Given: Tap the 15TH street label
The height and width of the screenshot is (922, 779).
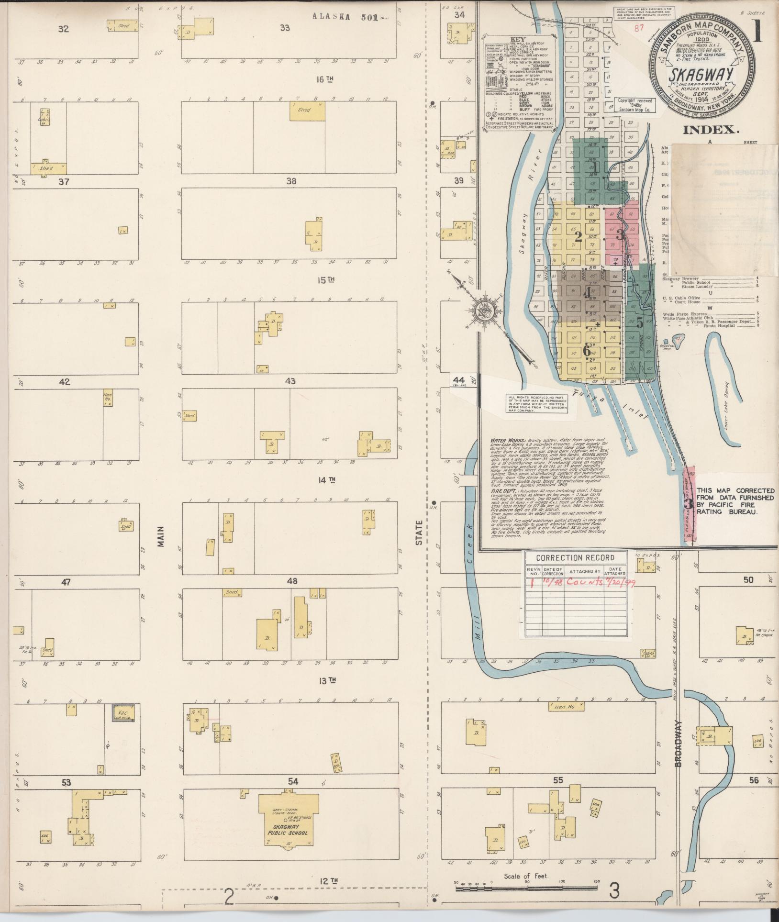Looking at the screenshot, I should click(325, 280).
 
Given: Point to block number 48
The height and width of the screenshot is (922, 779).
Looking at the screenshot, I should click(292, 581).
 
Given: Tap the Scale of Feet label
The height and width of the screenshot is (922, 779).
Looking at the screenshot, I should click(525, 876).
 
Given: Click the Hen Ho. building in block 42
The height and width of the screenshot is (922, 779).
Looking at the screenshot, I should click(108, 399).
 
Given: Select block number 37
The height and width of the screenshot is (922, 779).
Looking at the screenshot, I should click(64, 181).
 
